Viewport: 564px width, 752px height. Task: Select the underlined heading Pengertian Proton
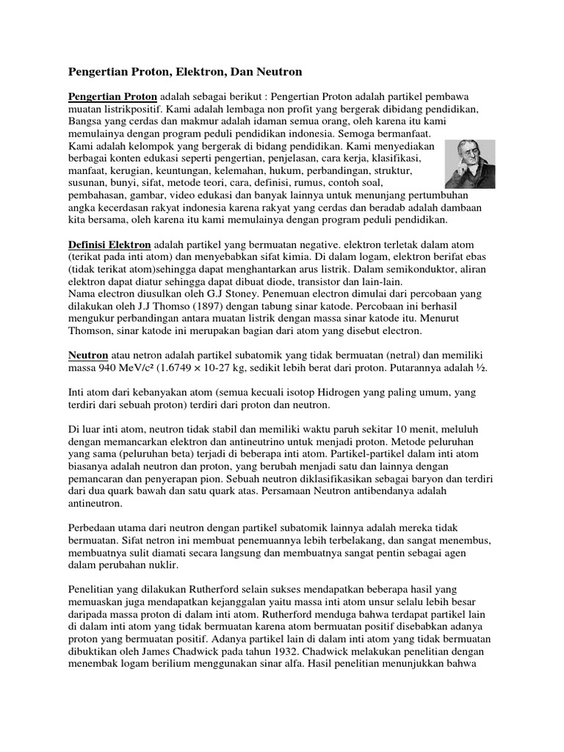(112, 97)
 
